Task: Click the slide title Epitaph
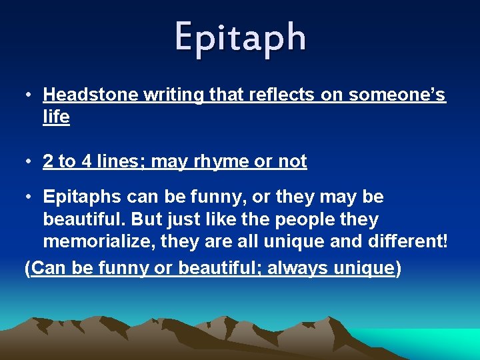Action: (240, 37)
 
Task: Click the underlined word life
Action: (56, 117)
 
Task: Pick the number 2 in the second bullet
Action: (48, 161)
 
